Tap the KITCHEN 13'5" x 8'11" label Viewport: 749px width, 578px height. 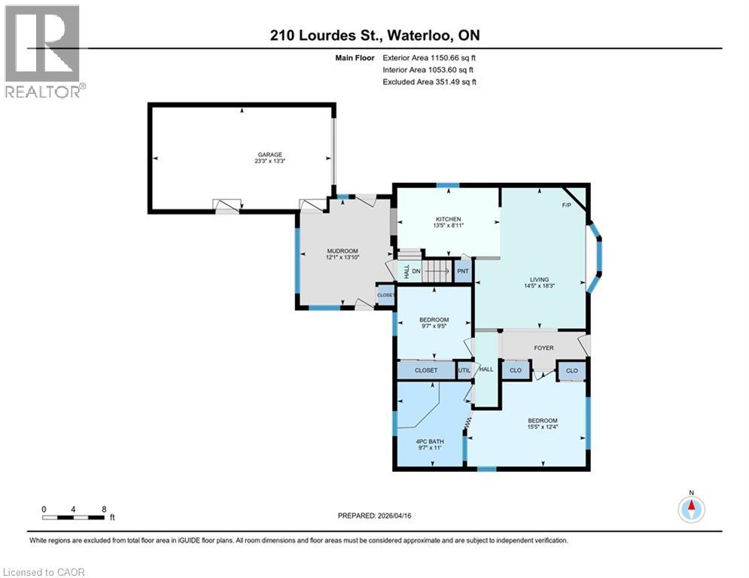coord(447,222)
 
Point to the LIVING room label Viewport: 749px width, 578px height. coord(538,282)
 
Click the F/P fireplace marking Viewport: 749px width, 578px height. coord(567,205)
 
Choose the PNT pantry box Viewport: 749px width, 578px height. coord(463,271)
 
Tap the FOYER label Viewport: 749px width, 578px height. coord(544,348)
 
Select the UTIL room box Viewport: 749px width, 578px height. coord(464,370)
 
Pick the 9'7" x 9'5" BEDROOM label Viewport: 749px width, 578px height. coord(434,323)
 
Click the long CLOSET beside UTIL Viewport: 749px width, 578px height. coord(426,370)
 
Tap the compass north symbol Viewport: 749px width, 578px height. coord(691,509)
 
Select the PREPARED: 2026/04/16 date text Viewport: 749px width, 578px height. coord(379,516)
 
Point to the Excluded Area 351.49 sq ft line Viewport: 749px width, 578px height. coord(430,81)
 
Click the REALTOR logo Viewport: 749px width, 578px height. coord(43,51)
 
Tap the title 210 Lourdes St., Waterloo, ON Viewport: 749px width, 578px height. coord(374,35)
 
